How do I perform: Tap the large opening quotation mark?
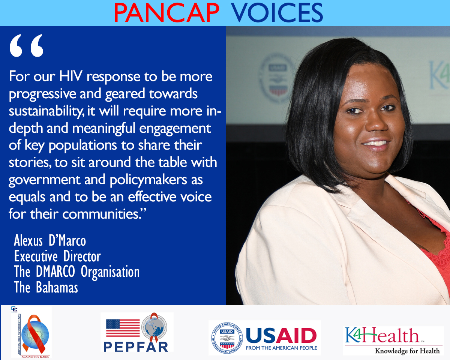[x=26, y=46]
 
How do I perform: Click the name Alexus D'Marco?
[x=50, y=240]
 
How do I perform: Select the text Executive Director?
[x=57, y=256]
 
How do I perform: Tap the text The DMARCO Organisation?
[x=76, y=272]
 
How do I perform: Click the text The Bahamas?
[x=46, y=288]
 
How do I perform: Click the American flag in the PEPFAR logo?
[x=123, y=328]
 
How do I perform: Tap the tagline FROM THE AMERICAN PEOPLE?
[x=281, y=348]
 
